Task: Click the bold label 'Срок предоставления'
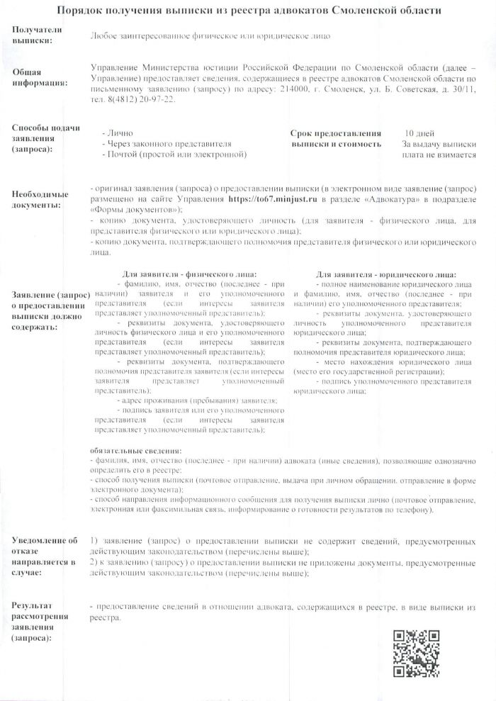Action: pos(336,133)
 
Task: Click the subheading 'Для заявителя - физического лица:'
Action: pos(189,274)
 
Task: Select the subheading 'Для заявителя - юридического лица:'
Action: pos(386,274)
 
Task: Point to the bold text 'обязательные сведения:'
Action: pos(136,451)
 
